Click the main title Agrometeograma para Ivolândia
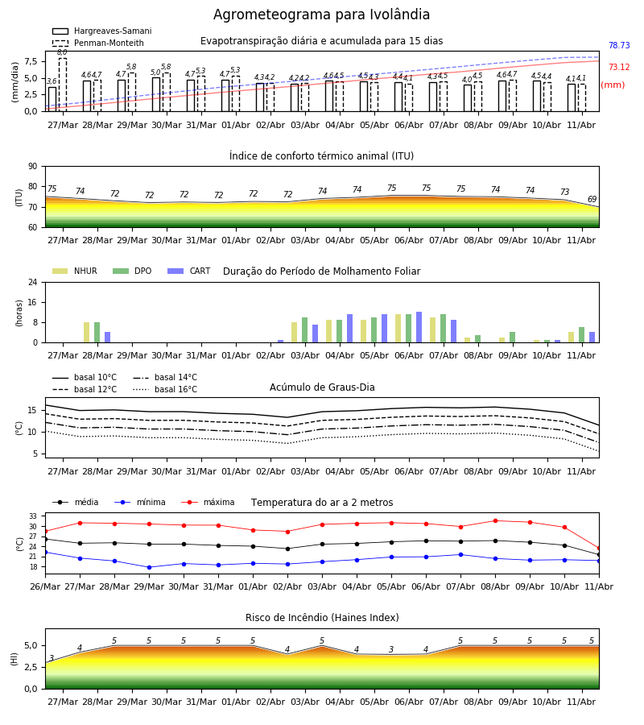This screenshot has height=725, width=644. [321, 14]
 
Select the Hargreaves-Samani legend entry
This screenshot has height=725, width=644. [102, 31]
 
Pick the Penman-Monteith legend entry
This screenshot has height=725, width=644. [98, 43]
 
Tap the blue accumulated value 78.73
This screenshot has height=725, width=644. [619, 45]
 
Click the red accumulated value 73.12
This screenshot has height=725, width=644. [619, 67]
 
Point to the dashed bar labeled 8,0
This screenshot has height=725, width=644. [63, 85]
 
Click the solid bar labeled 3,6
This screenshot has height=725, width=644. [52, 99]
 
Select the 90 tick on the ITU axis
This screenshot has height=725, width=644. [33, 167]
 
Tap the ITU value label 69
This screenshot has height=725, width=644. [592, 199]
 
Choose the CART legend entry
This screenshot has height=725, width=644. [189, 271]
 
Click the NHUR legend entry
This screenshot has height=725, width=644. [75, 271]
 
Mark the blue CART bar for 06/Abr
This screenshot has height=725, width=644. [419, 327]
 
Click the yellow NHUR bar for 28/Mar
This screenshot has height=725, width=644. [86, 333]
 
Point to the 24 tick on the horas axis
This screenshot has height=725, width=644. [33, 282]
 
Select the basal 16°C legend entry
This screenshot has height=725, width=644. [165, 389]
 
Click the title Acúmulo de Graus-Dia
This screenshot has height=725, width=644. [322, 387]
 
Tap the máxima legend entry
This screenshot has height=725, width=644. [208, 502]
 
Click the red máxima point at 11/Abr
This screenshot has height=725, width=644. [599, 549]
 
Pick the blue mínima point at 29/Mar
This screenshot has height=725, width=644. [149, 567]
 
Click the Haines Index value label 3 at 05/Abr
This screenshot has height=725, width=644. [391, 649]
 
